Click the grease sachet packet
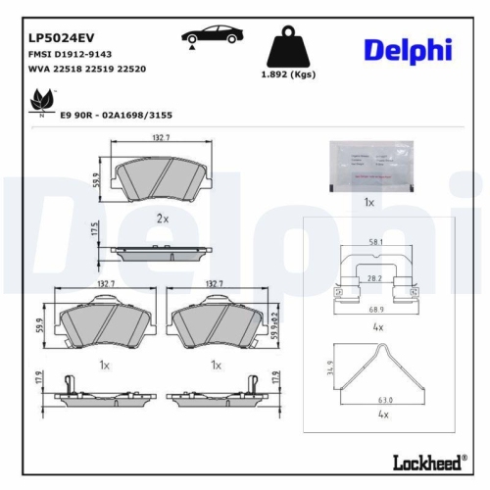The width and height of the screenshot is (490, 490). point(368,164)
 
